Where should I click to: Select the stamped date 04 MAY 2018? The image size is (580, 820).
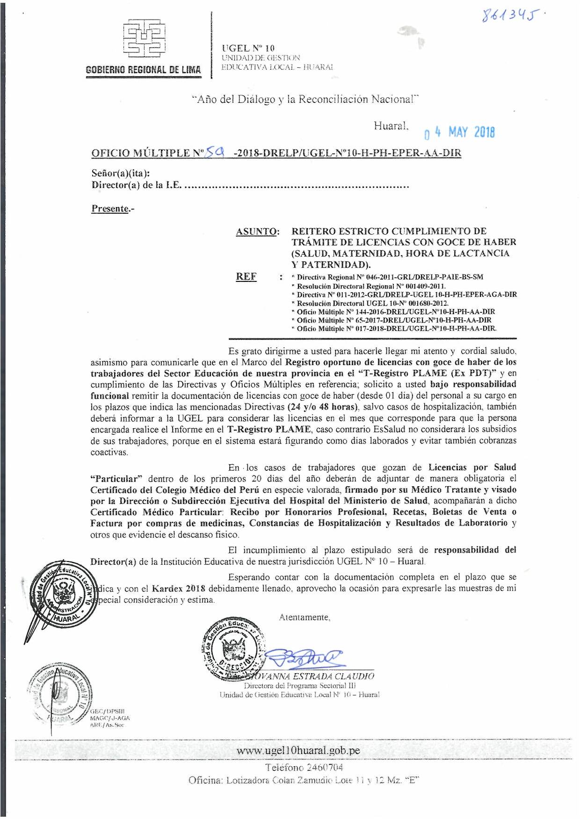pyautogui.click(x=459, y=133)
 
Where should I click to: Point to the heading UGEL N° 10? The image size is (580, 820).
pyautogui.click(x=249, y=48)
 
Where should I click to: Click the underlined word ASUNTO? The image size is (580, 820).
pyautogui.click(x=258, y=231)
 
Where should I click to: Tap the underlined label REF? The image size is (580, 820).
pyautogui.click(x=246, y=276)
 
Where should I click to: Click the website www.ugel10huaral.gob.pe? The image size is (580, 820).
pyautogui.click(x=298, y=750)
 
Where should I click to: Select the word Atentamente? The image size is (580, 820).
pyautogui.click(x=304, y=617)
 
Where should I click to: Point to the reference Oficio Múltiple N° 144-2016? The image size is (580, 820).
pyautogui.click(x=395, y=311)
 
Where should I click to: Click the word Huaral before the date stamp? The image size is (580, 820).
pyautogui.click(x=391, y=125)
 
